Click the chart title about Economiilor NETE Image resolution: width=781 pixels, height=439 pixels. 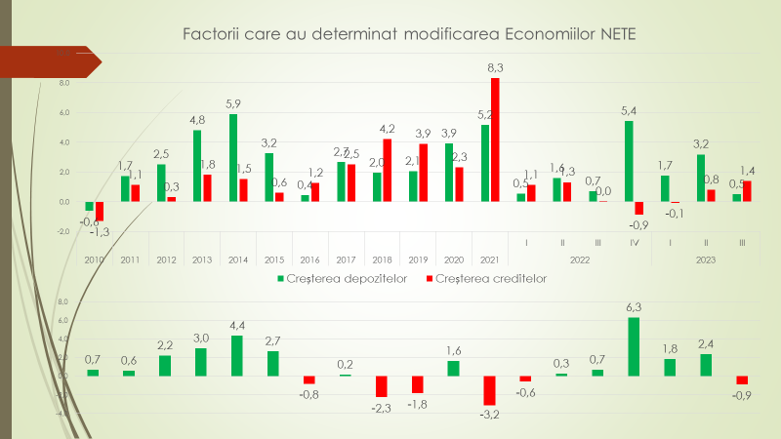[409, 35]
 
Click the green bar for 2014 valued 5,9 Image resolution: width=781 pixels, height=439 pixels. [233, 158]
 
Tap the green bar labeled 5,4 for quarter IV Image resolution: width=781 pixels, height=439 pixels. [629, 161]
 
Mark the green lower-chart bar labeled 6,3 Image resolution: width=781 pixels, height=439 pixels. [634, 346]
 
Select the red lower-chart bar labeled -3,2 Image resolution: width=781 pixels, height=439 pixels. [490, 390]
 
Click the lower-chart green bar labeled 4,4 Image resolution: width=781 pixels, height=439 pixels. [237, 355]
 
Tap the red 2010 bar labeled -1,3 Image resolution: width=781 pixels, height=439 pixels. [100, 211]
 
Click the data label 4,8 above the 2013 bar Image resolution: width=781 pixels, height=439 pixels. [196, 122]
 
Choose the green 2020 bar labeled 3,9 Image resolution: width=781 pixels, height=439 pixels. [449, 173]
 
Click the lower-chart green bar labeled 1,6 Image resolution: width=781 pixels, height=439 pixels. [454, 368]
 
